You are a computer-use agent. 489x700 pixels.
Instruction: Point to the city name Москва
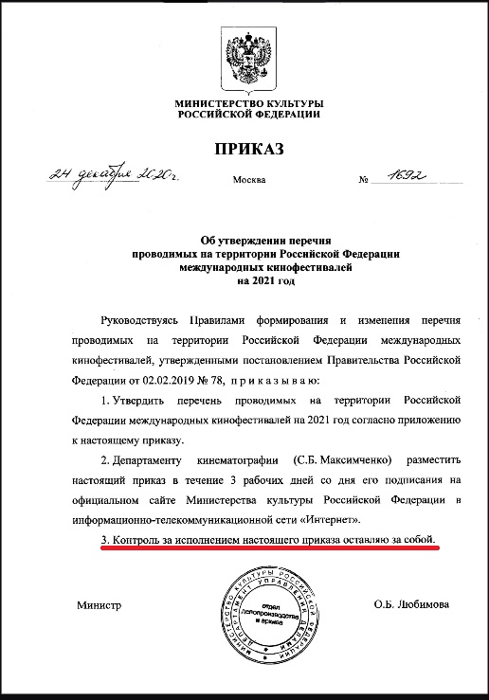click(249, 179)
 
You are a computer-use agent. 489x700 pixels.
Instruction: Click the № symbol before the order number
click(363, 179)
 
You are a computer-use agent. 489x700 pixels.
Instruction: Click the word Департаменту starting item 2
click(157, 458)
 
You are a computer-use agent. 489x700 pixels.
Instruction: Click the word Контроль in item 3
click(136, 539)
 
